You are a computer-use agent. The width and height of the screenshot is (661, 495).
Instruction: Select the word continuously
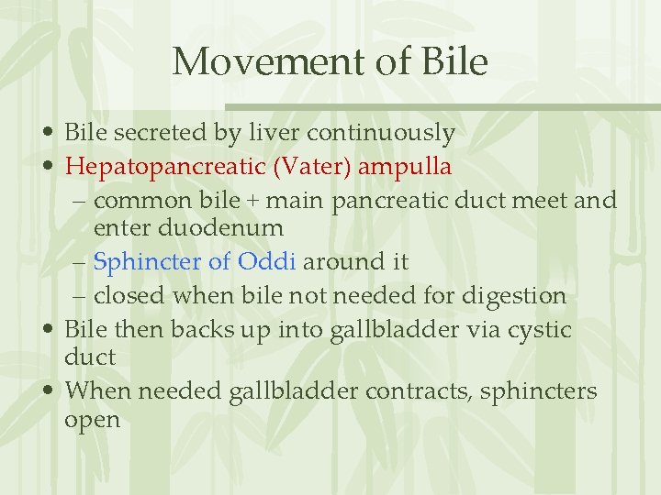pos(381,133)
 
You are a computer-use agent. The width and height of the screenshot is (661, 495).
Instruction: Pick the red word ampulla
pos(405,167)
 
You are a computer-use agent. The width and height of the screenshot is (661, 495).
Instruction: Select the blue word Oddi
pos(266,261)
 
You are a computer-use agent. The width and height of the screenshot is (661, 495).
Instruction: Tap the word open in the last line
pos(93,420)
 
